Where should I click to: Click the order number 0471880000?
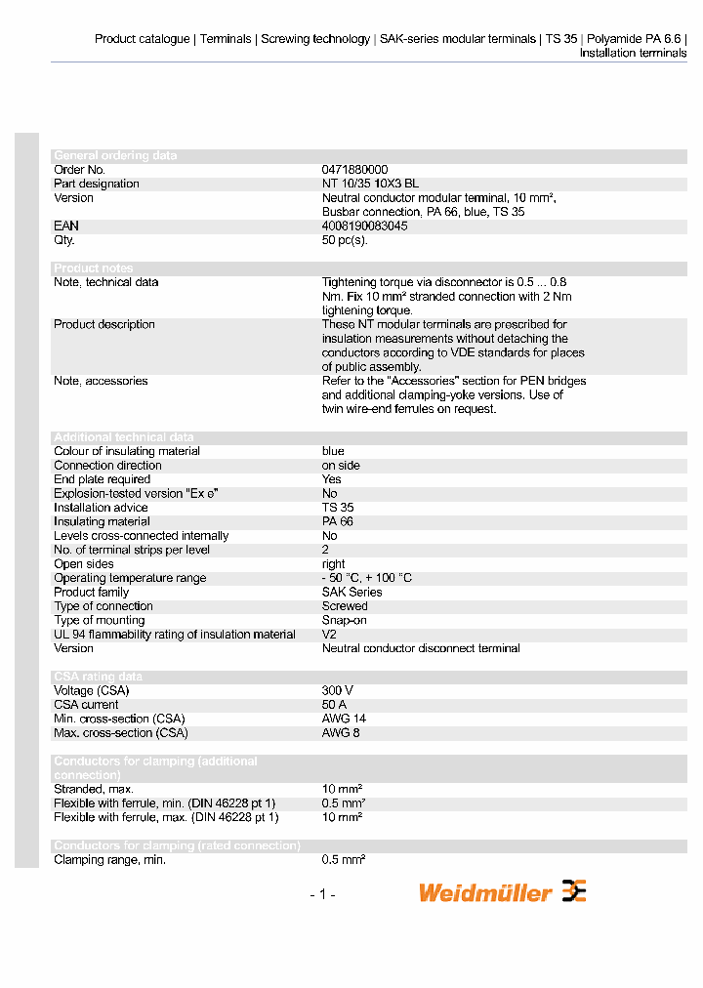tap(354, 170)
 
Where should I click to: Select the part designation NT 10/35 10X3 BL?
tap(370, 184)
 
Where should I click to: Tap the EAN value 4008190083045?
tap(364, 226)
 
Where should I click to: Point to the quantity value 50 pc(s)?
tap(345, 240)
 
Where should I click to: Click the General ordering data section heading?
tap(115, 156)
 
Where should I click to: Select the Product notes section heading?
tap(93, 268)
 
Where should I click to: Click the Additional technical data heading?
tap(123, 437)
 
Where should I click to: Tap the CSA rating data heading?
tap(98, 677)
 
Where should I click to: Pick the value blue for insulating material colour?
tap(333, 451)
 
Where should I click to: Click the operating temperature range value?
tap(366, 578)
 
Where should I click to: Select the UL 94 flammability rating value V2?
tap(329, 635)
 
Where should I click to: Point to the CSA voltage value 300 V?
tap(338, 690)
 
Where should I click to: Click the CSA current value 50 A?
tap(335, 705)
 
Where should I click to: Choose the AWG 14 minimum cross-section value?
tap(344, 719)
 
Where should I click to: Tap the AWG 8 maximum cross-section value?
tap(341, 732)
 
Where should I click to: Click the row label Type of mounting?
tap(99, 620)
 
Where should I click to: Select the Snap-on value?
tap(345, 620)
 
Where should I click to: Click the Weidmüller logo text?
tap(485, 892)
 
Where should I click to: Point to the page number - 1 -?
tap(322, 894)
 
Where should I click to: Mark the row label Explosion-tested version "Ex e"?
tap(135, 494)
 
